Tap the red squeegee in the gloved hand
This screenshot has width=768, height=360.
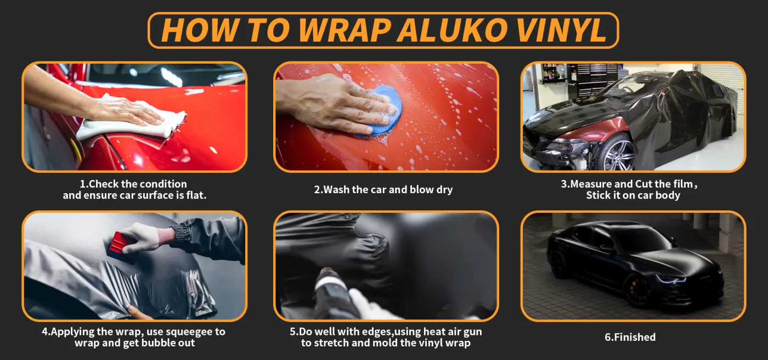tap(122, 248)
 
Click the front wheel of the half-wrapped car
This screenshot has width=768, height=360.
tap(619, 153)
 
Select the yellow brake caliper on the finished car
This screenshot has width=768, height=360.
tap(632, 289)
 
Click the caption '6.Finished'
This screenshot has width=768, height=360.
tap(630, 337)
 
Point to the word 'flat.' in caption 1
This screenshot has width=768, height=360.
tap(196, 195)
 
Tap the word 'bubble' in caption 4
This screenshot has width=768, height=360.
tap(159, 343)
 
